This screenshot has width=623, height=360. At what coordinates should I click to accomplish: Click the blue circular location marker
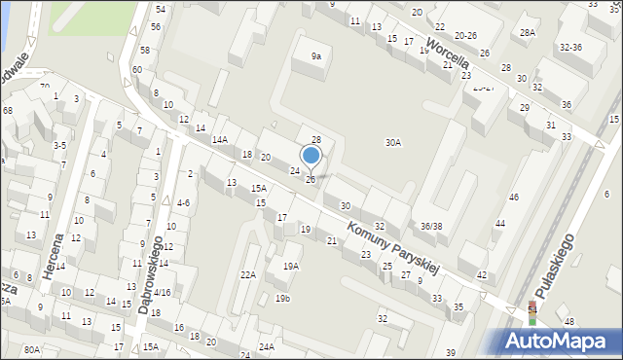click(311, 156)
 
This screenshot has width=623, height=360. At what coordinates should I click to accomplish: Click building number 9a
click(315, 56)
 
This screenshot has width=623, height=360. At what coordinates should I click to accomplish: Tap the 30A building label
click(392, 142)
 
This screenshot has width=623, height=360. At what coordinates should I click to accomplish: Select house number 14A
click(220, 140)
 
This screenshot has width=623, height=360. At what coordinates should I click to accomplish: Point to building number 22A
click(248, 275)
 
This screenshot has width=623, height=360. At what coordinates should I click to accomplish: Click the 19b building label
click(281, 298)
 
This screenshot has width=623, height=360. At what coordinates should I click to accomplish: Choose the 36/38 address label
click(431, 226)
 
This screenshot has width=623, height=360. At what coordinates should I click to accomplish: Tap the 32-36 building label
click(570, 47)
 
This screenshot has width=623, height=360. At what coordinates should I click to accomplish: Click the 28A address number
click(528, 32)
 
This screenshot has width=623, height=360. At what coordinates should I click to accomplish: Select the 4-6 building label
click(182, 203)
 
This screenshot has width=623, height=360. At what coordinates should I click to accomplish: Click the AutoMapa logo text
click(559, 342)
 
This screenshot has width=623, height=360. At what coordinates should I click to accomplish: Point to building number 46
click(513, 198)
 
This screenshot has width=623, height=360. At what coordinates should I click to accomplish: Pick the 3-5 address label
click(59, 145)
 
